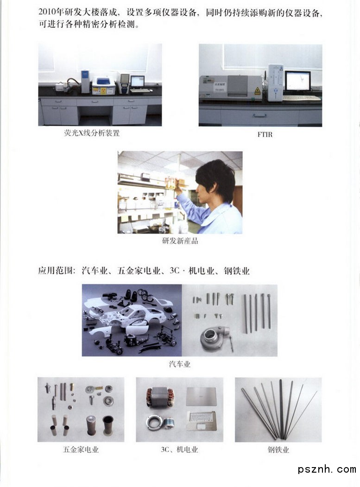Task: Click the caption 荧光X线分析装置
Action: (x=92, y=133)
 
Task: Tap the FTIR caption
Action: (x=265, y=134)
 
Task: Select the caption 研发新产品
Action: (x=180, y=240)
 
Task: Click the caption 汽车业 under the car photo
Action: (x=179, y=364)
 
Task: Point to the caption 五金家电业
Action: (x=81, y=449)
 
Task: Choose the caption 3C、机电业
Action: (x=179, y=449)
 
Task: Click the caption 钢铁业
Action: (x=278, y=449)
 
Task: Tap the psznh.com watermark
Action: (x=327, y=469)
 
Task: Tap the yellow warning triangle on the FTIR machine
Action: (x=257, y=91)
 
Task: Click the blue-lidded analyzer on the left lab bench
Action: (x=103, y=85)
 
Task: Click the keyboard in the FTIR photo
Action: (x=302, y=98)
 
